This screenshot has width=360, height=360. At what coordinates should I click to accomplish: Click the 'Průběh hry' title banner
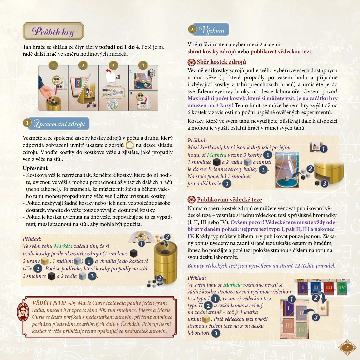53,31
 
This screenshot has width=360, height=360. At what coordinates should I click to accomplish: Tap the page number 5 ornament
347,348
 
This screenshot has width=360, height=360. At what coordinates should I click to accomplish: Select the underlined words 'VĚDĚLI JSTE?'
49,303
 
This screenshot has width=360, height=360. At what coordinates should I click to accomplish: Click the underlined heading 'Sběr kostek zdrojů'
221,62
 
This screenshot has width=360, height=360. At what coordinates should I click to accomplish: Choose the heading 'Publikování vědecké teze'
229,199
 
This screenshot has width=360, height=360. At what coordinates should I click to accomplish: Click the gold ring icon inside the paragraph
130,145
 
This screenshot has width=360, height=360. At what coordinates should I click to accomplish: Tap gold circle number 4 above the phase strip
143,66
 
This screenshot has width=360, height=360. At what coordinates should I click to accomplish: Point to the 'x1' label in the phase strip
118,77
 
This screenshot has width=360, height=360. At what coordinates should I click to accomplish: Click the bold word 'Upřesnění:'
36,168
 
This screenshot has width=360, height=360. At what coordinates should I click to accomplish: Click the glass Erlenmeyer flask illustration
287,170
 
